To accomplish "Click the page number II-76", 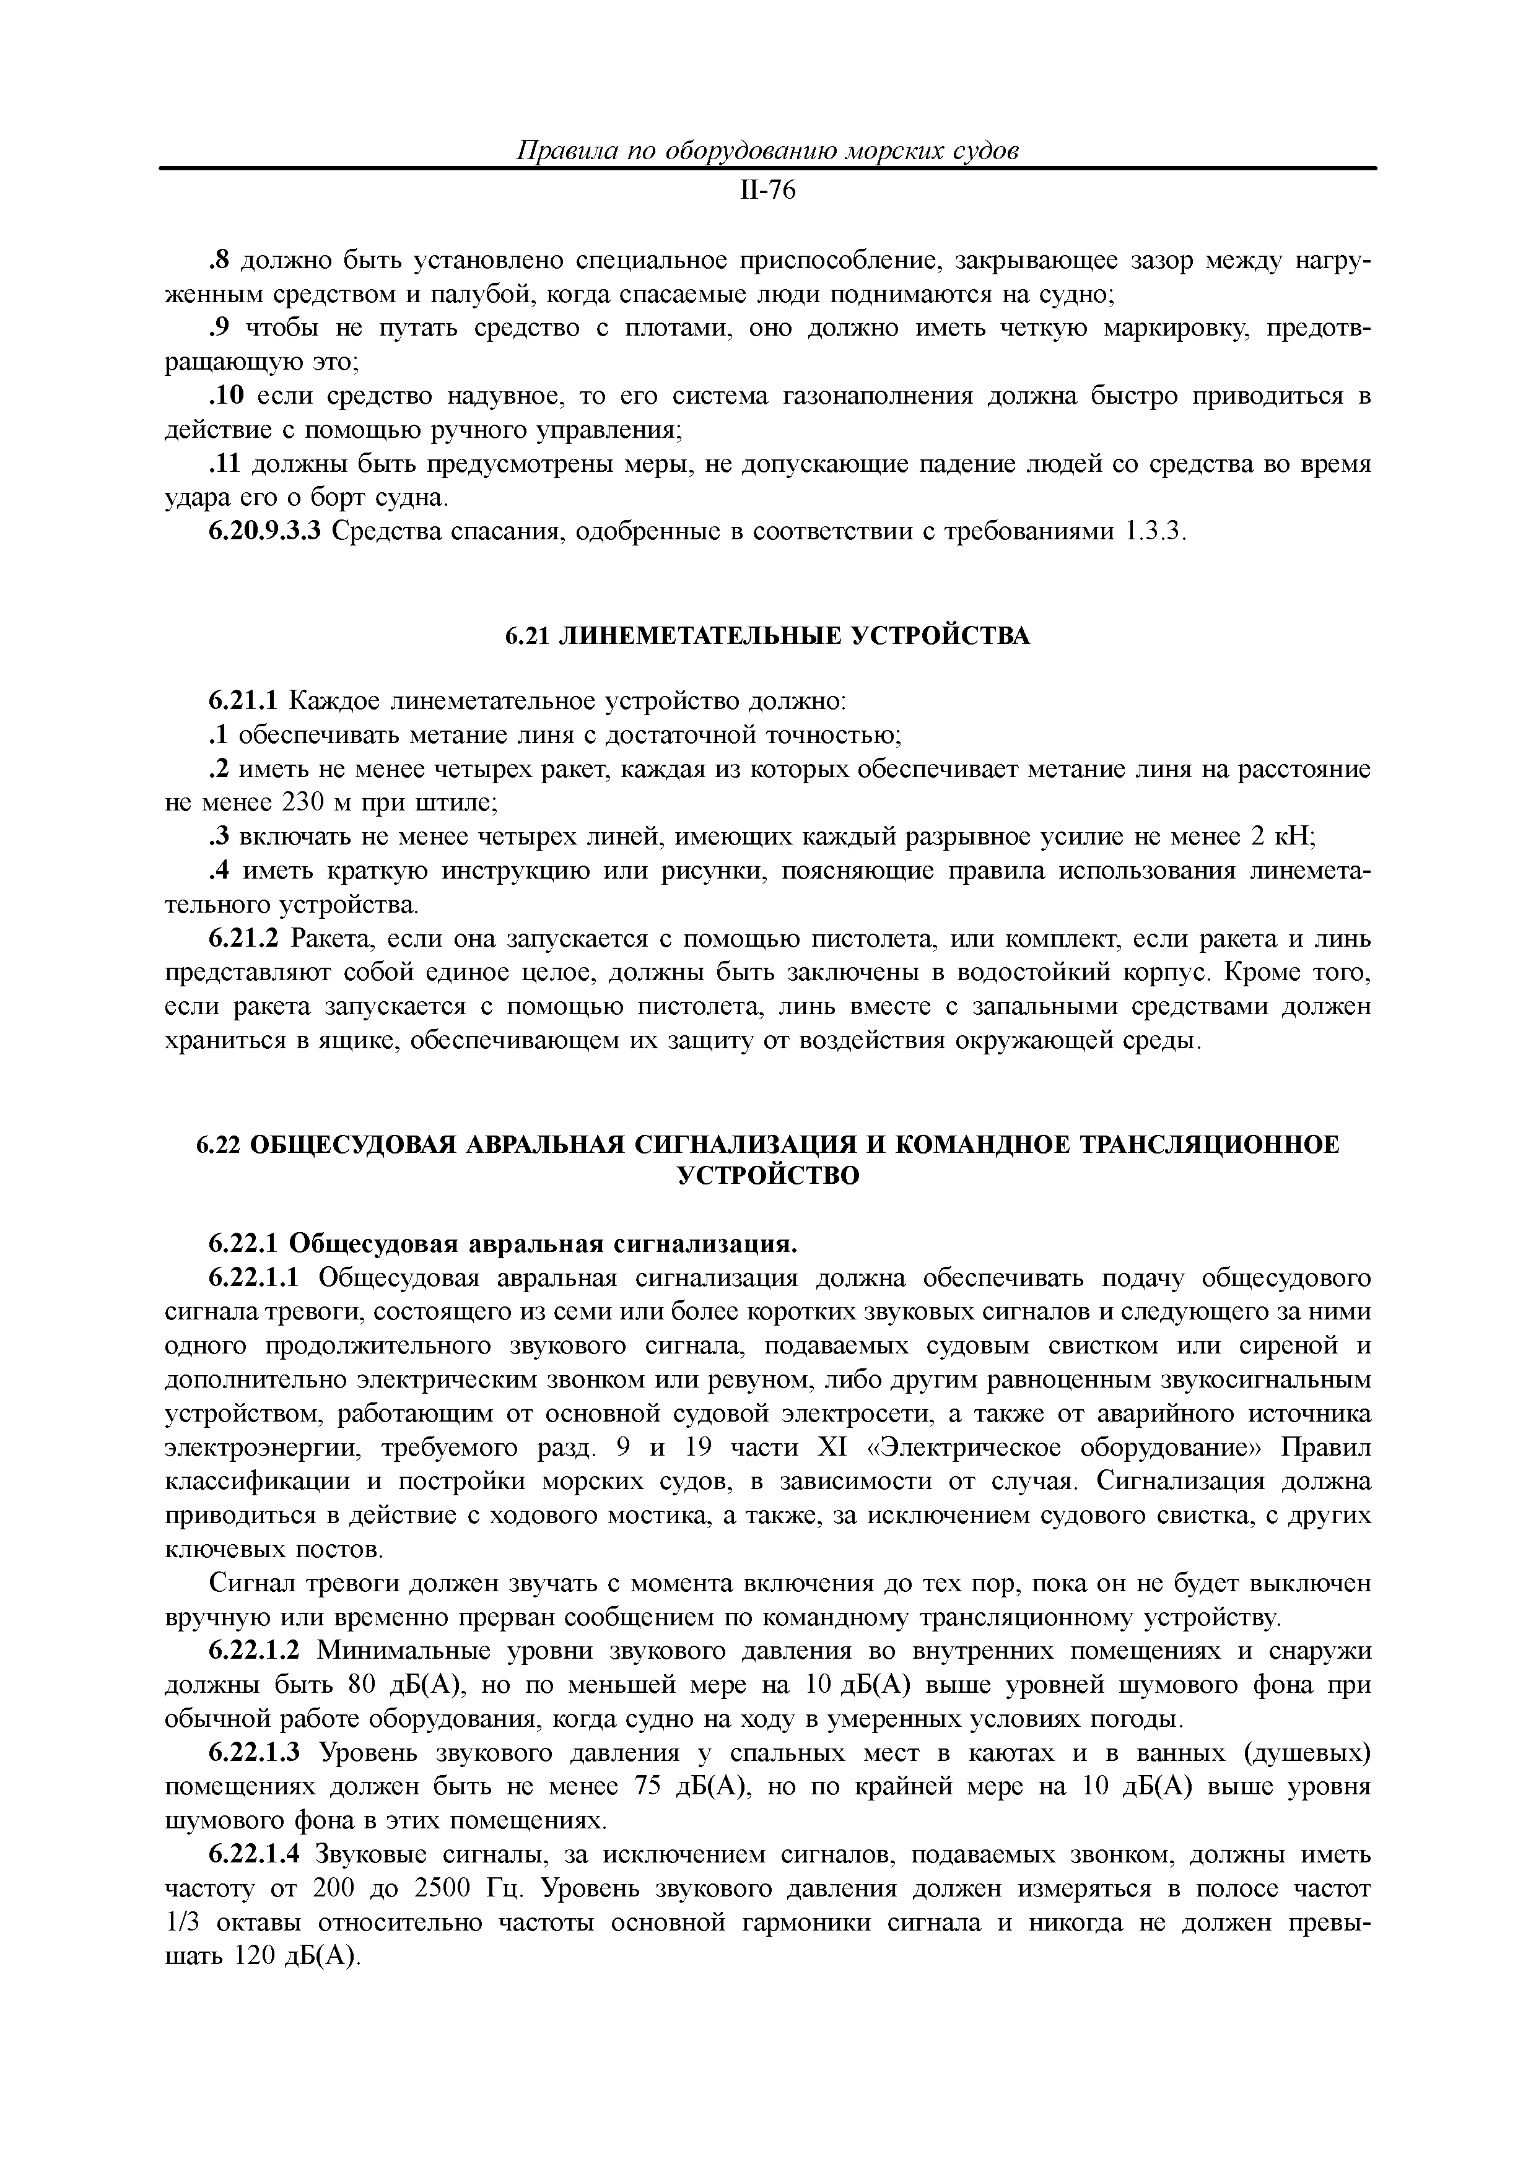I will (x=767, y=191).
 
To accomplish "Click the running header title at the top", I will (x=767, y=151).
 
